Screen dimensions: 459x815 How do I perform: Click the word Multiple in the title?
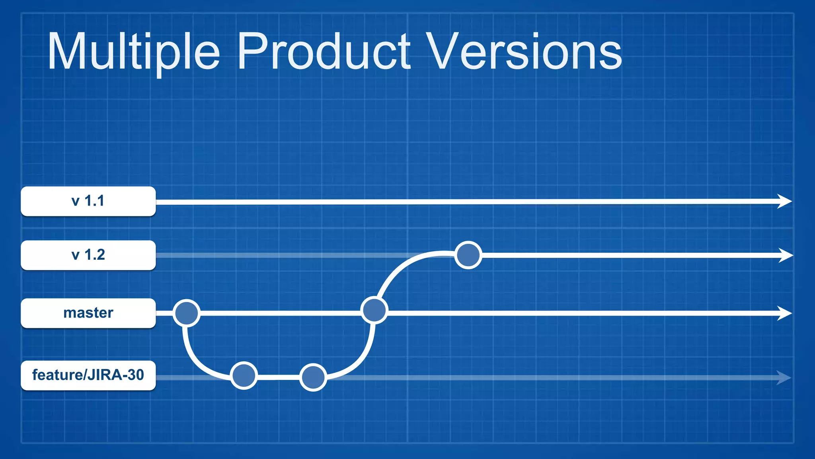coord(133,52)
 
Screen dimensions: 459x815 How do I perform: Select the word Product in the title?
coord(324,52)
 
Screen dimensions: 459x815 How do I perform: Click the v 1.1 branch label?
coord(88,201)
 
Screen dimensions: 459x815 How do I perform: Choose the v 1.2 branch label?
coord(88,255)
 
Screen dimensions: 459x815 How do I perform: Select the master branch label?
coord(88,313)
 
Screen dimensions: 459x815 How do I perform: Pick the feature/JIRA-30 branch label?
coord(88,375)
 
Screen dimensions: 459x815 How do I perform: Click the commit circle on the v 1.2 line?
coord(468,255)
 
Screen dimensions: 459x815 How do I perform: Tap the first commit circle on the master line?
coord(187,313)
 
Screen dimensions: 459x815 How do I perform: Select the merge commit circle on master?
coord(374,310)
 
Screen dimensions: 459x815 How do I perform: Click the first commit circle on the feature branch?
coord(244,376)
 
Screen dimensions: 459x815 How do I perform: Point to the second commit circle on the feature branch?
coord(313,377)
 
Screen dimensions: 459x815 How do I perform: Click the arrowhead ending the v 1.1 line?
coord(784,201)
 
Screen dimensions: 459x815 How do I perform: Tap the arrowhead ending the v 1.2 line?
coord(785,255)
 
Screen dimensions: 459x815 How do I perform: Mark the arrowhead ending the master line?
coord(784,313)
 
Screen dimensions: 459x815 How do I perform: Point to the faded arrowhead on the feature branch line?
coord(783,377)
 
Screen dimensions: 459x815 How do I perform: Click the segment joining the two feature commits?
coord(279,377)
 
